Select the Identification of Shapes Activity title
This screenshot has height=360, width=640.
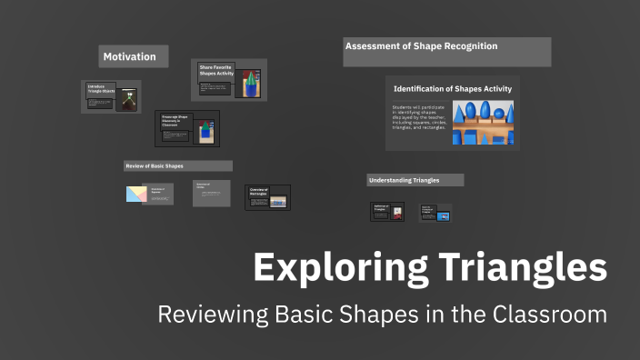pyautogui.click(x=452, y=89)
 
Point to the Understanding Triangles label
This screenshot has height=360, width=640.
pyautogui.click(x=404, y=180)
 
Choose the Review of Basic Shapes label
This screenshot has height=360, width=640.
pyautogui.click(x=154, y=166)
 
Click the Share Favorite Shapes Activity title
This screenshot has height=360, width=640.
pyautogui.click(x=216, y=71)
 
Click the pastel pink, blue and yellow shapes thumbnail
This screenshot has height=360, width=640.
pyautogui.click(x=136, y=194)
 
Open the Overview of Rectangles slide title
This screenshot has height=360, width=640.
pyautogui.click(x=259, y=192)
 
